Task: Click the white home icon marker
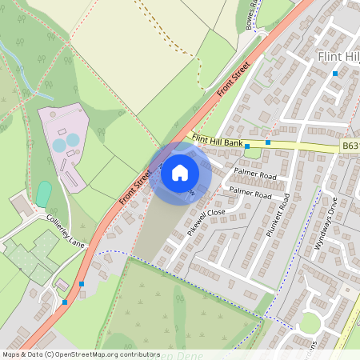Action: point(180,171)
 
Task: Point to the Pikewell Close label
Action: point(204,217)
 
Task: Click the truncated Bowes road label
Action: point(254,14)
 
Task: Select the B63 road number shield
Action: point(350,146)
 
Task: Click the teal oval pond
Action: point(44,193)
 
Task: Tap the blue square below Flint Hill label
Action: point(334,74)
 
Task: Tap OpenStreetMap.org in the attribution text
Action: point(83,354)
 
